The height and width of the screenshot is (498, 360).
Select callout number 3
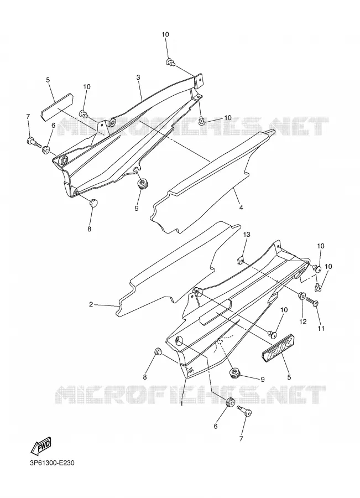(138, 77)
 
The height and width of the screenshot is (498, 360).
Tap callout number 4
(241, 207)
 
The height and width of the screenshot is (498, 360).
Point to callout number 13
(247, 235)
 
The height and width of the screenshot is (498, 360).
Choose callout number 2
(91, 304)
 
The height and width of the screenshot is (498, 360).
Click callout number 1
(181, 404)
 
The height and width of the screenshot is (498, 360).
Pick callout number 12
(303, 321)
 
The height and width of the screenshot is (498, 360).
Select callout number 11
(321, 328)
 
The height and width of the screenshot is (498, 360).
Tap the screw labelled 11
(312, 302)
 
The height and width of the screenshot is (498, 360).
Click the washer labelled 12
(301, 297)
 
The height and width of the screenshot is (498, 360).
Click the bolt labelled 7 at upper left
(34, 141)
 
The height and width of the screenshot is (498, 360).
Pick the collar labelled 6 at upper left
(46, 149)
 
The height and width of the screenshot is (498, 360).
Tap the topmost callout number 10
(165, 34)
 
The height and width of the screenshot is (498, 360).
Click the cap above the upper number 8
(93, 203)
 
